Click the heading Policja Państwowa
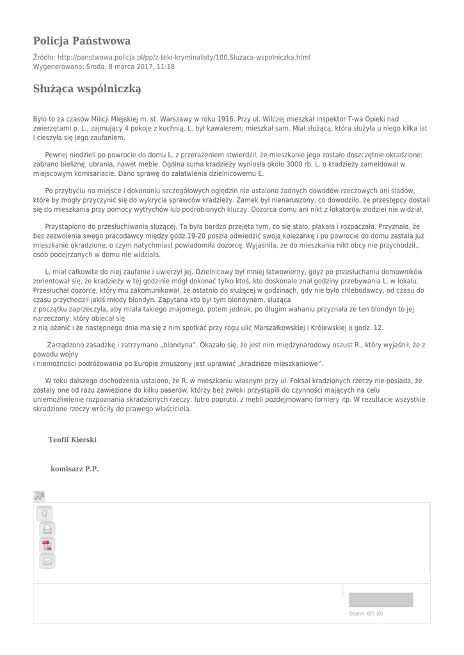(x=82, y=41)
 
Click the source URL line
(x=172, y=57)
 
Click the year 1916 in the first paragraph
(x=225, y=119)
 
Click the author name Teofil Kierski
(x=72, y=440)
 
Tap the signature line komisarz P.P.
(x=75, y=469)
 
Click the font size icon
(x=39, y=496)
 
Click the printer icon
(x=47, y=530)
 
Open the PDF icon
(x=47, y=546)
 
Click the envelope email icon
(x=47, y=562)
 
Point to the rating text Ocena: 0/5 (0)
(x=366, y=614)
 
